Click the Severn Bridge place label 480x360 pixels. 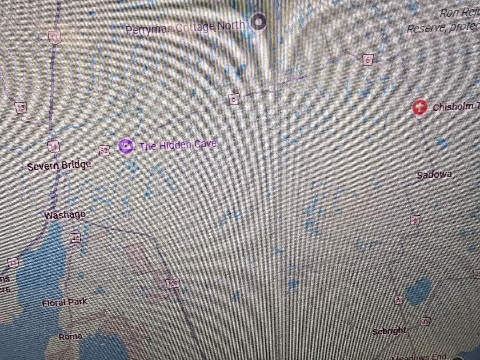59,166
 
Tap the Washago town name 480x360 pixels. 65,215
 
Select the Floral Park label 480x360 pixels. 64,303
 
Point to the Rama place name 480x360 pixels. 70,336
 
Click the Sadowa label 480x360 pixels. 434,175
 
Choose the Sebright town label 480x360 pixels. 389,331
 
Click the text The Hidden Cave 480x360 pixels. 178,145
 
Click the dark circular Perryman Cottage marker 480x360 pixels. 258,23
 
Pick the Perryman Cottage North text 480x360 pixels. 185,28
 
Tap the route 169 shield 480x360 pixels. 172,283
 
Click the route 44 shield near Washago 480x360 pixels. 75,238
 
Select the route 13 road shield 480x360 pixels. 20,107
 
